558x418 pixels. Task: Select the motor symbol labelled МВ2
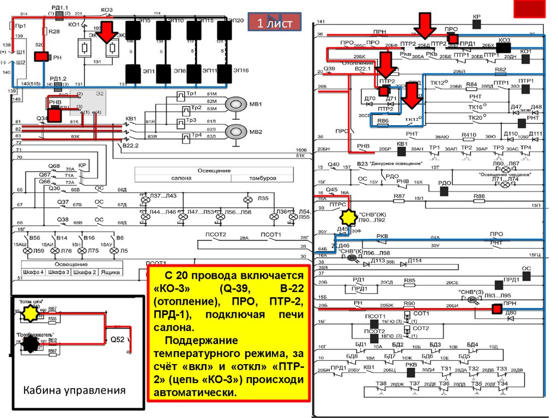click(236, 131)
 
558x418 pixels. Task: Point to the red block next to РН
click(41, 57)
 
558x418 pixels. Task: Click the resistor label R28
click(54, 32)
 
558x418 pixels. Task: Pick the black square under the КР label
click(477, 24)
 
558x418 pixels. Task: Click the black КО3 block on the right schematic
click(503, 47)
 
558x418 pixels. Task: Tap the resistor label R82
click(500, 70)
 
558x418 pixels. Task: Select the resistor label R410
click(468, 134)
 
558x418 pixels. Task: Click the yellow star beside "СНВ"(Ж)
click(348, 218)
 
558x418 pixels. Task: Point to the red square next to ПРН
click(496, 309)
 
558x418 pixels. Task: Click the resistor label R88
click(478, 196)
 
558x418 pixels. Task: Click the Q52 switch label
click(117, 340)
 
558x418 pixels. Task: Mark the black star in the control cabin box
click(31, 342)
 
